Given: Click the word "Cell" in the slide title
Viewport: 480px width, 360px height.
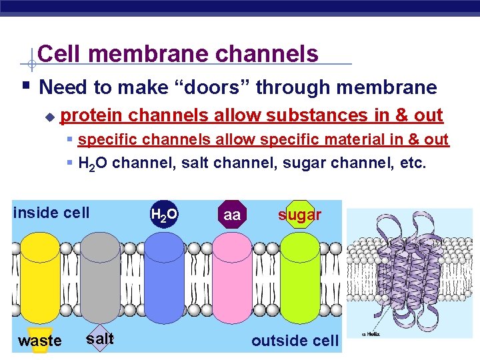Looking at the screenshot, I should pos(59,54).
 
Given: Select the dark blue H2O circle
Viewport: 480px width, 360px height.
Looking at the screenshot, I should pos(164,214).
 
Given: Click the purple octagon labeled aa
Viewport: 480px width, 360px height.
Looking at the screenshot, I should pos(232,215).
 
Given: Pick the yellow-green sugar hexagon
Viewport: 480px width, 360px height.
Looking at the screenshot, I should pos(299,215).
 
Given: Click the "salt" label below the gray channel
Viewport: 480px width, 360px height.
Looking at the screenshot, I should pos(100,338).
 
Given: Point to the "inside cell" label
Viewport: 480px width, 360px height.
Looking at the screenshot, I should pos(51,213).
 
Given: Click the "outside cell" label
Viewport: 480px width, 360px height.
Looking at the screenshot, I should pos(295,341).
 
